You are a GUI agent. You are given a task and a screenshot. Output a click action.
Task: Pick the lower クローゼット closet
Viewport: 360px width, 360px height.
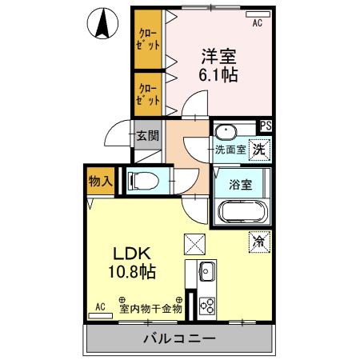click(148, 94)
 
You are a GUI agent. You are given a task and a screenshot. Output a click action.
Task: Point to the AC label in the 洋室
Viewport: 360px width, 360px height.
click(258, 24)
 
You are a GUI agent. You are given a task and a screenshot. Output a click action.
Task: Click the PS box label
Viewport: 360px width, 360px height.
click(265, 126)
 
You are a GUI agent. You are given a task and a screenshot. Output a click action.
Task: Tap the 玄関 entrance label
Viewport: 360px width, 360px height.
click(146, 135)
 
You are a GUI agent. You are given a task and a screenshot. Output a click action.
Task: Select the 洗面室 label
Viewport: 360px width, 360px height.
click(230, 150)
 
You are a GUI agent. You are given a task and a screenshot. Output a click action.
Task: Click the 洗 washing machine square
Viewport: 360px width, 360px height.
click(259, 149)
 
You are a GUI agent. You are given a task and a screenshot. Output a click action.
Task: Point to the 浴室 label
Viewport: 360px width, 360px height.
click(241, 184)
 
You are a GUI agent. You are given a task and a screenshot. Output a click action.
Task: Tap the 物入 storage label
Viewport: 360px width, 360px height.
click(100, 182)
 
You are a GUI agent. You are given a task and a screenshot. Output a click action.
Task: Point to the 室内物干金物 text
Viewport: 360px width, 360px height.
click(150, 308)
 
